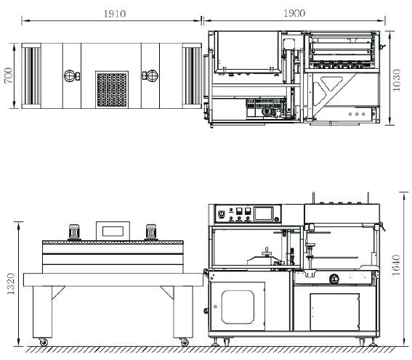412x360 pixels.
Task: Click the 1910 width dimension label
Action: [115, 14]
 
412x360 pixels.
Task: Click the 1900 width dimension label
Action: [294, 13]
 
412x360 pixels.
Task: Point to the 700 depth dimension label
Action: [9, 75]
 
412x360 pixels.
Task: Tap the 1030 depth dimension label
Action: [396, 80]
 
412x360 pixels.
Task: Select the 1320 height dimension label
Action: [11, 284]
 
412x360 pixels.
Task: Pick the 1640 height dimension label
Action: [396, 265]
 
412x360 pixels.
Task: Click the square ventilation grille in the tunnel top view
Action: [112, 89]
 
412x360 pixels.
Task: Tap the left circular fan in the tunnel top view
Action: [70, 75]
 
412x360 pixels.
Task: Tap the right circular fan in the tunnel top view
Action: [152, 75]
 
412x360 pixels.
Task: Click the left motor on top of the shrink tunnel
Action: [74, 232]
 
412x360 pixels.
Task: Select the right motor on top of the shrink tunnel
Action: [151, 232]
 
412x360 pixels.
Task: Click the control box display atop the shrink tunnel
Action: [113, 231]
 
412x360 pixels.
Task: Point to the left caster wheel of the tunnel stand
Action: [44, 342]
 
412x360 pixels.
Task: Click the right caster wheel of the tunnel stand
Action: [185, 342]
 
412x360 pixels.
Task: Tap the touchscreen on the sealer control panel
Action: [263, 213]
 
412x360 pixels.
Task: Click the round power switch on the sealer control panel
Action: [221, 214]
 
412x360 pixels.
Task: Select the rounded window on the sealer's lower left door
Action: [238, 307]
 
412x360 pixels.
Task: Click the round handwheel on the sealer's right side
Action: [334, 279]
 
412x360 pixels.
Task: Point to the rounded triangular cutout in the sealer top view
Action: [331, 83]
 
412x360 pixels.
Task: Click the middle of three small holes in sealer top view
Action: [357, 114]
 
